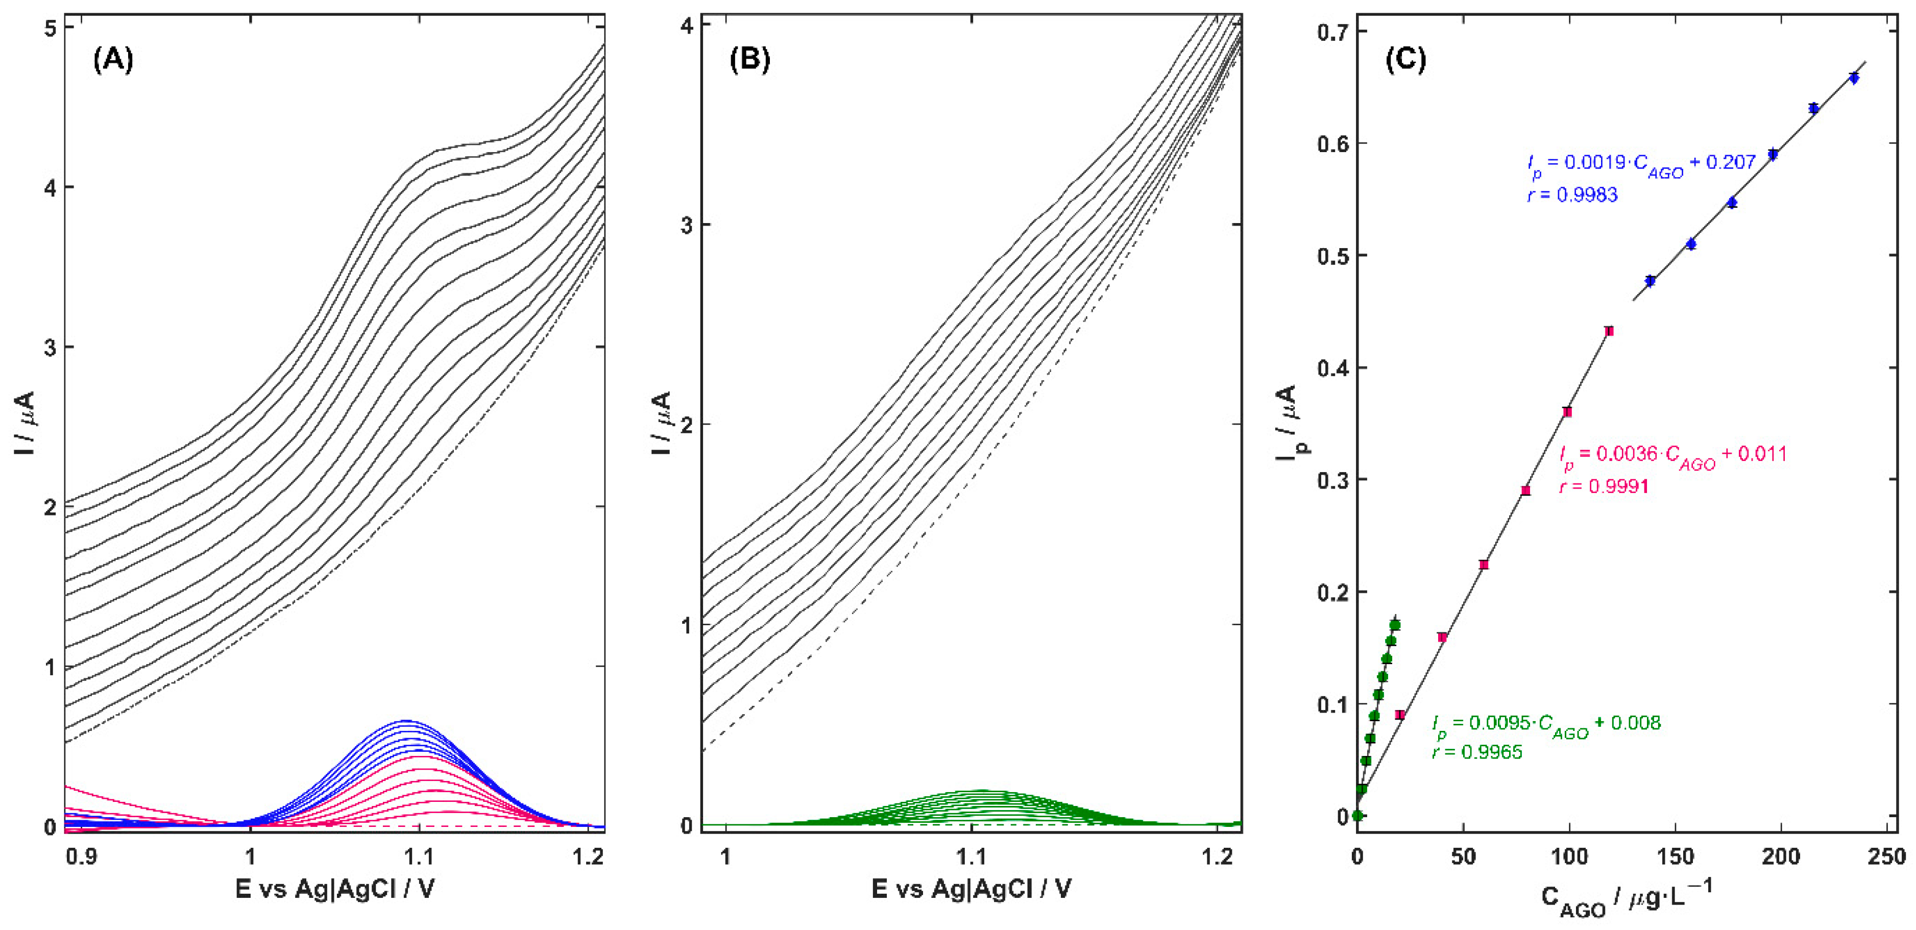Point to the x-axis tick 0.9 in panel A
[x=81, y=856]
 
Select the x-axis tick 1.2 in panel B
[x=1218, y=856]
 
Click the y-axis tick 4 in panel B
[x=686, y=26]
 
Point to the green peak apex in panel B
[x=980, y=790]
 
